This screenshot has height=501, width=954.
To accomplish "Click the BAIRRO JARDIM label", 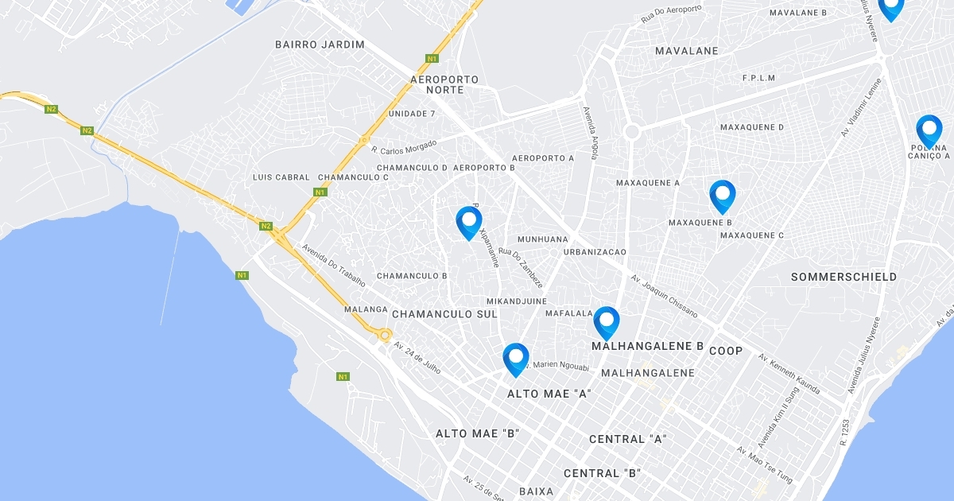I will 320,45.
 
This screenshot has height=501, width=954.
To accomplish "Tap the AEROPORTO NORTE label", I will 444,84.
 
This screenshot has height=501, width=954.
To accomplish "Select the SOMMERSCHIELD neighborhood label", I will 844,277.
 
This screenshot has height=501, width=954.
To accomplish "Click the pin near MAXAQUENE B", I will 722,196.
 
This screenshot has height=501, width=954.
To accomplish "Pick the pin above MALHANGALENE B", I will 607,321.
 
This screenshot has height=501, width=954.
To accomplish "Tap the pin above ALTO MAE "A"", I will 516,358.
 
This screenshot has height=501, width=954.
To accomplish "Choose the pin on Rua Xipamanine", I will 469,221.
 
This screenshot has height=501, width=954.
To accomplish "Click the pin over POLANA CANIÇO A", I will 929,130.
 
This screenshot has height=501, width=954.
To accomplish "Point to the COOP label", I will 726,351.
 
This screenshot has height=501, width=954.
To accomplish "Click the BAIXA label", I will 536,491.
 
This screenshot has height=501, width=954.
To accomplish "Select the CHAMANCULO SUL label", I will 444,314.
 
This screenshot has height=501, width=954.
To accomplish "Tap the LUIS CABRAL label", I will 281,177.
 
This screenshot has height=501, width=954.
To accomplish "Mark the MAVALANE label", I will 687,51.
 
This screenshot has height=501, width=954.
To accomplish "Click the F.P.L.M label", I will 758,78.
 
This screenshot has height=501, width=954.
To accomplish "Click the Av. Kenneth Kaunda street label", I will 789,374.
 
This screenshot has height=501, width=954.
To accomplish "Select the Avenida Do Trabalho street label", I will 333,265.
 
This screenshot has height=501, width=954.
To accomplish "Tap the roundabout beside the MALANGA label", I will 385,335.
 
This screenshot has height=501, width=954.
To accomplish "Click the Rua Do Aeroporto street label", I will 672,14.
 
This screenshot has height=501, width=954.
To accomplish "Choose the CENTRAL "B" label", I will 603,473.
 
